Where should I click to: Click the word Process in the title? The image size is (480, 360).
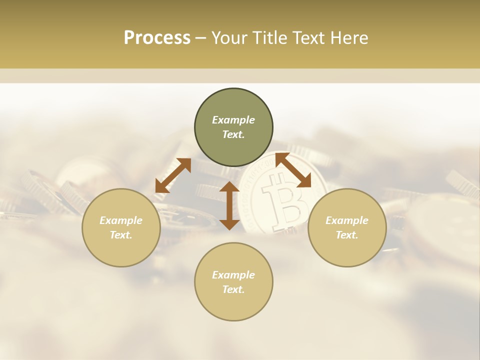157,38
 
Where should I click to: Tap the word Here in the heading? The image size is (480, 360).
348,38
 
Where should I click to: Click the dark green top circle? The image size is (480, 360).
233,100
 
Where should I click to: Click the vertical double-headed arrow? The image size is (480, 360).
229,205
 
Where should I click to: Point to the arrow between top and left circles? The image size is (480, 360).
173,175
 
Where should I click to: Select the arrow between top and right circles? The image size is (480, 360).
293,170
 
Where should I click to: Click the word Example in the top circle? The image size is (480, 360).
233,120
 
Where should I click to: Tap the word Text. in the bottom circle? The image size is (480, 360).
233,289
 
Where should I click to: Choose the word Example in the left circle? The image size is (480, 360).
121,220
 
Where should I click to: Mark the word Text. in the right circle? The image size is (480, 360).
347,235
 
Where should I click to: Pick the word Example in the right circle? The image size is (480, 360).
347,220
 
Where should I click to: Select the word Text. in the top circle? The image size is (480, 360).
233,135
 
